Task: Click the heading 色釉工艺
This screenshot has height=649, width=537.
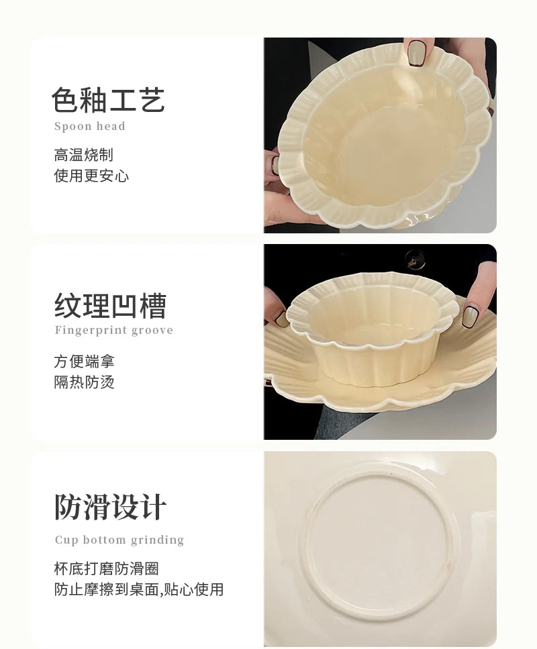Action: coord(108,100)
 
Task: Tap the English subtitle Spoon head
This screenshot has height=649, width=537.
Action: coord(89,126)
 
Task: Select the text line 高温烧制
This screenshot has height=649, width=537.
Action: coord(83,155)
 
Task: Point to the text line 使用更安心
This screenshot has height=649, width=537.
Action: coord(91,176)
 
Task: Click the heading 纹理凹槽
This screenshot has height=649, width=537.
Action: coord(110,306)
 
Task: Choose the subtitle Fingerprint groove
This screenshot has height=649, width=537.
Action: coord(113,330)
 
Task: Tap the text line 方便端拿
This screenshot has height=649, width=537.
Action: coord(84,361)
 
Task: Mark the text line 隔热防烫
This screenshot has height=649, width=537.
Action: coord(84,383)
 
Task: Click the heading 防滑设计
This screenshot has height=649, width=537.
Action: coord(110,508)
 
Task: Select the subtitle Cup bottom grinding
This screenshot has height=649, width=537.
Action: coord(119,540)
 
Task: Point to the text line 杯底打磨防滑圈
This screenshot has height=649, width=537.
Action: coord(106,569)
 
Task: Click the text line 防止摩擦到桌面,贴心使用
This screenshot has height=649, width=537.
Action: coord(138,590)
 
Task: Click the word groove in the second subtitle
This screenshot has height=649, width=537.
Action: coord(152,330)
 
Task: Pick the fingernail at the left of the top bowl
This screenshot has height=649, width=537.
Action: coord(275,163)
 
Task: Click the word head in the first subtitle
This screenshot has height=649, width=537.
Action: coord(110,126)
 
